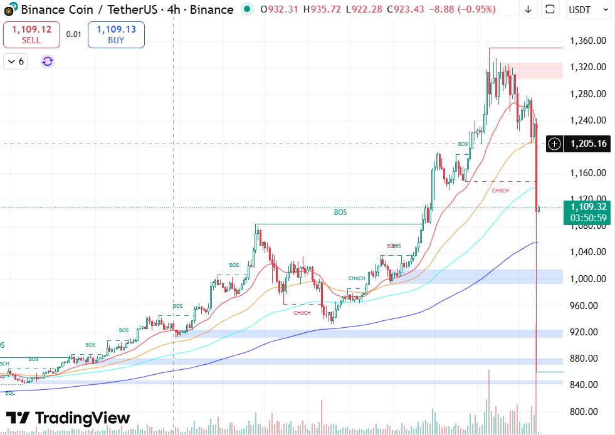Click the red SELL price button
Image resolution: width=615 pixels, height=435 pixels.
coord(31,34)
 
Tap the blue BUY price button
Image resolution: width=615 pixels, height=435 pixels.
coord(116,34)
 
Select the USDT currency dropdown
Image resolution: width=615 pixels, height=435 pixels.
coord(589,9)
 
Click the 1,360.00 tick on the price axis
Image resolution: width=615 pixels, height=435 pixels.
coord(588,41)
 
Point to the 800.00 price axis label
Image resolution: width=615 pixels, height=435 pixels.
coord(588,411)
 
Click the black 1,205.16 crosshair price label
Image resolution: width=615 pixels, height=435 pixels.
coord(588,144)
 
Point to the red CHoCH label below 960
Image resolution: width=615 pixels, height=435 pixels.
coord(302,313)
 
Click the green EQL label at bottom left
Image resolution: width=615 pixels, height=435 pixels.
coord(10,392)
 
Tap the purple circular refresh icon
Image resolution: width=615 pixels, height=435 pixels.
coord(48,61)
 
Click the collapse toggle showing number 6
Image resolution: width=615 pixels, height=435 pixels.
coord(16,61)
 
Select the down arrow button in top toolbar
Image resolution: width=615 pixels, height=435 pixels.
coord(528,9)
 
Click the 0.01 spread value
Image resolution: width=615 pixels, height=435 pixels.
coord(74,34)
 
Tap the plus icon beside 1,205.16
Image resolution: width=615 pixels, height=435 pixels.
coord(554,144)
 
